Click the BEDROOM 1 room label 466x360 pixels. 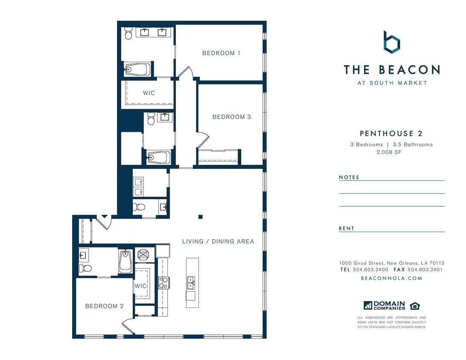pyautogui.click(x=221, y=53)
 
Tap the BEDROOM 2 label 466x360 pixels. pyautogui.click(x=104, y=306)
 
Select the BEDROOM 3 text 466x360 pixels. pyautogui.click(x=231, y=117)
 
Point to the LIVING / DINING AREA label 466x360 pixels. pyautogui.click(x=218, y=241)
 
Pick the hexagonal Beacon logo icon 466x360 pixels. pyautogui.click(x=391, y=42)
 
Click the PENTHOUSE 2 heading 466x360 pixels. pyautogui.click(x=391, y=134)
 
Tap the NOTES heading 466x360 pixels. pyautogui.click(x=349, y=177)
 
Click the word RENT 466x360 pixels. pyautogui.click(x=347, y=228)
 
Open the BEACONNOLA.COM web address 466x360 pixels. pyautogui.click(x=391, y=278)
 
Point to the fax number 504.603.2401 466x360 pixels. pyautogui.click(x=425, y=270)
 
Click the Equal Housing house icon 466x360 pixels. pyautogui.click(x=414, y=306)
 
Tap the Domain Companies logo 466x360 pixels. pyautogui.click(x=384, y=305)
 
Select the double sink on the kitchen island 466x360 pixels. pyautogui.click(x=191, y=283)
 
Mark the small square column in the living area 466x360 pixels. pyautogui.click(x=200, y=217)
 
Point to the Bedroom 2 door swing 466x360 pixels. pyautogui.click(x=128, y=327)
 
